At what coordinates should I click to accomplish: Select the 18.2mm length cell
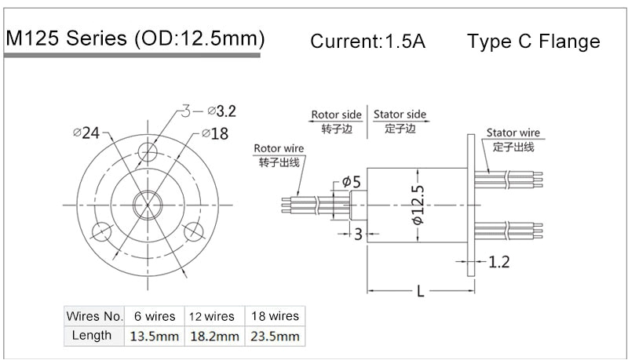pos(214,336)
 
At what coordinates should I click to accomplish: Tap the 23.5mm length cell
pos(273,336)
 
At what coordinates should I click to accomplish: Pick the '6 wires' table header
pos(155,316)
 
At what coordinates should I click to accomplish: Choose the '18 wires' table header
pos(273,316)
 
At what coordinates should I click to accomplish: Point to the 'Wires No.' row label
pos(95,316)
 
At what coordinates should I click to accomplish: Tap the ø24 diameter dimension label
pos(86,133)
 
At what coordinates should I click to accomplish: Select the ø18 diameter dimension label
pos(215,134)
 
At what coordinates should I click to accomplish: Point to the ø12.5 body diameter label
pos(417,206)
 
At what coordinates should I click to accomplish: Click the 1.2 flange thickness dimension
pos(500,262)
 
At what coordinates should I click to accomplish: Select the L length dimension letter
pos(421,293)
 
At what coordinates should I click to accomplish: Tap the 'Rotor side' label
pos(337,115)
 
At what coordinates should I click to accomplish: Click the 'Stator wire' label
pos(513,133)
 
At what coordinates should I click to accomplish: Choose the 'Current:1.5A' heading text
pos(368,42)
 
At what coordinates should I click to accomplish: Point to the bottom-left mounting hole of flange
pos(100,231)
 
